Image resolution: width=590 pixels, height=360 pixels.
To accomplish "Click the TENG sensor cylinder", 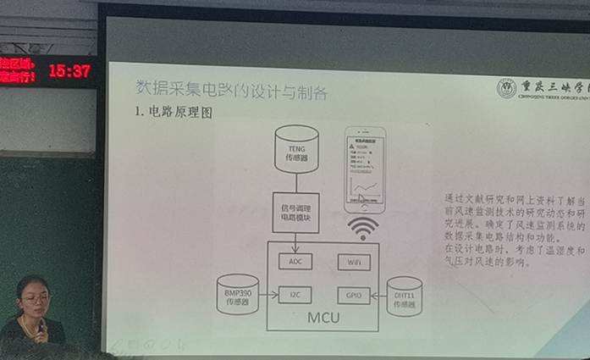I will pos(296,148).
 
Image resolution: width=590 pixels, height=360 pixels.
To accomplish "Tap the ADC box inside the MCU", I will pos(295,262).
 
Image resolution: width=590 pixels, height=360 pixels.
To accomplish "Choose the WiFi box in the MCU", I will pos(353,262).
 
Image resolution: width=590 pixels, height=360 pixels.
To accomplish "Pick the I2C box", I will pos(295,296).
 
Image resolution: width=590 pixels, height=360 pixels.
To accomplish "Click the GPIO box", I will pos(353,296).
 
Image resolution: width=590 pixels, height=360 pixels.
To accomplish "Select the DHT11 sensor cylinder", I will pos(404,296).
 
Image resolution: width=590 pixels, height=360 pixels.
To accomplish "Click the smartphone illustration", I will pos(364,170).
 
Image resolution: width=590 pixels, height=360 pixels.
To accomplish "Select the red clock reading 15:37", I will pos(69,71).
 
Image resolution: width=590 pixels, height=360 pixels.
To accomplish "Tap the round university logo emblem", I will pos(506,88).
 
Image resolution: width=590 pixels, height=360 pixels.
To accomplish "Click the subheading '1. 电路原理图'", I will pos(173,113).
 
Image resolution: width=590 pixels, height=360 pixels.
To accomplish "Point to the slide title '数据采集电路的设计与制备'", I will pos(230,90).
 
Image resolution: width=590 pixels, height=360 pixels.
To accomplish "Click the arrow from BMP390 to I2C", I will pos(269,296).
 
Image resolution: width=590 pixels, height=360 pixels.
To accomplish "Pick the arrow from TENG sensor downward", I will pos(296,182).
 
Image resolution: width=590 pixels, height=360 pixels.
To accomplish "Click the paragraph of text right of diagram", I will pos(515,230).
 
